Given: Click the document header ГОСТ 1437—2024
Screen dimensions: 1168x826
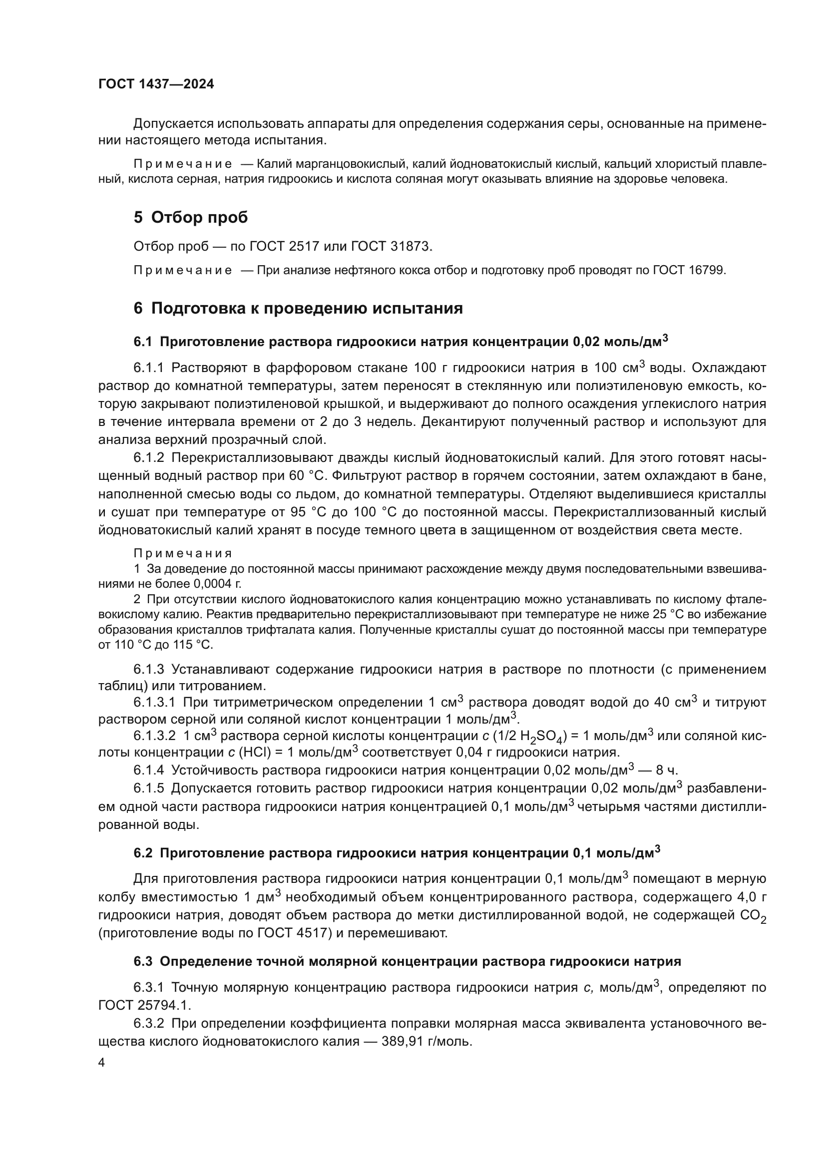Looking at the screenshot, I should (156, 84).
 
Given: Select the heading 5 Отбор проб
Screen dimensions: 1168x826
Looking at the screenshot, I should (191, 217).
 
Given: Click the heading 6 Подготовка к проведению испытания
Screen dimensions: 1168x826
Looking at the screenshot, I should (298, 308).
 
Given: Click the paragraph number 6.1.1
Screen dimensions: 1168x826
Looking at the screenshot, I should (148, 368).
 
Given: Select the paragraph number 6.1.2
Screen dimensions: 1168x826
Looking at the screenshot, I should (148, 458).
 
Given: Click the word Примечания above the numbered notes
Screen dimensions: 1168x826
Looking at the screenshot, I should (183, 553).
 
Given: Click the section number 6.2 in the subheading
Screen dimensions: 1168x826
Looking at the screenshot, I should (143, 853).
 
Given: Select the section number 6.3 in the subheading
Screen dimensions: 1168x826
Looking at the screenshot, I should (143, 961).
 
